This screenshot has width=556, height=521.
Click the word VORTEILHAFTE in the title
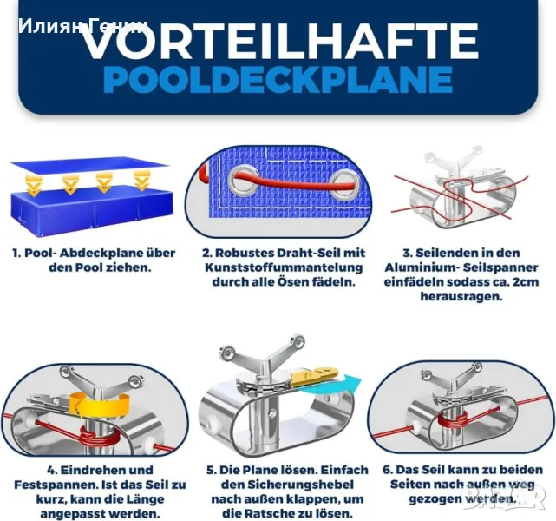pos(280,41)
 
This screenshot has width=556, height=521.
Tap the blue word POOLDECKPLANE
pos(278,80)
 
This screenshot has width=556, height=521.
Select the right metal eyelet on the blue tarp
pos(344,185)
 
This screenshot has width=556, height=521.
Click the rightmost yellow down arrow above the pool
pos(142,180)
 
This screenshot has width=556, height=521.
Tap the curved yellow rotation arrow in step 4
pos(100,405)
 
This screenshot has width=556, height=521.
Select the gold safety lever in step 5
pos(315,375)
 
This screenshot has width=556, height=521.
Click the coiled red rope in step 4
pos(97,438)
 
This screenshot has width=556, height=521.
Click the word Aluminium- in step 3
pos(422,267)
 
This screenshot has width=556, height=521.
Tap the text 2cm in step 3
pos(527,282)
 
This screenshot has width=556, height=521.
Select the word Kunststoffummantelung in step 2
pos(284,267)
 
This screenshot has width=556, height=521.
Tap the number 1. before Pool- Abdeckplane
pos(16,253)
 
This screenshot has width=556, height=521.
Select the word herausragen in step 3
pos(461,297)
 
